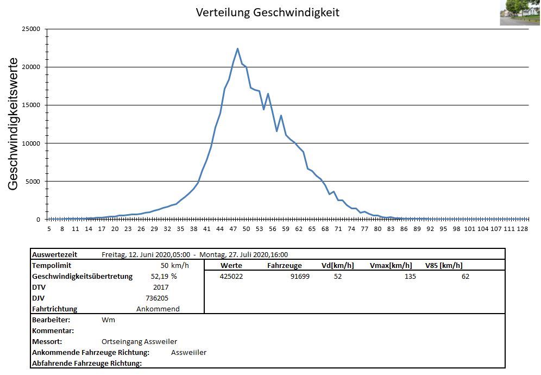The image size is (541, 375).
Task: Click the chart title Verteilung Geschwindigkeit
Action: [267, 12]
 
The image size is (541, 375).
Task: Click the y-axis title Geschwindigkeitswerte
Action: [14, 124]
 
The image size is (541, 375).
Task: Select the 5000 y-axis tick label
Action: [33, 181]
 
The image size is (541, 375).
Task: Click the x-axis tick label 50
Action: [246, 229]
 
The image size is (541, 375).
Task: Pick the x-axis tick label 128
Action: [522, 229]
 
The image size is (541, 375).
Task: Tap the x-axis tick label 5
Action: [49, 229]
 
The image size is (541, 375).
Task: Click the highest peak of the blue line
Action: [237, 48]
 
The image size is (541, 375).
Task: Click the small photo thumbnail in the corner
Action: [520, 12]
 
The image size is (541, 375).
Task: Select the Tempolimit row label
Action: [53, 265]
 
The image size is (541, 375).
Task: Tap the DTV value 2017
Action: [161, 287]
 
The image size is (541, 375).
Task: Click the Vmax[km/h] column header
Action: [391, 265]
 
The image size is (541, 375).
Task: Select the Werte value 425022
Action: [231, 276]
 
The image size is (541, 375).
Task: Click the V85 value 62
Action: [465, 276]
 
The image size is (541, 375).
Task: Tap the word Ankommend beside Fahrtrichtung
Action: [158, 309]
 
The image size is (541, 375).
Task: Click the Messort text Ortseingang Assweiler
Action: [139, 341]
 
